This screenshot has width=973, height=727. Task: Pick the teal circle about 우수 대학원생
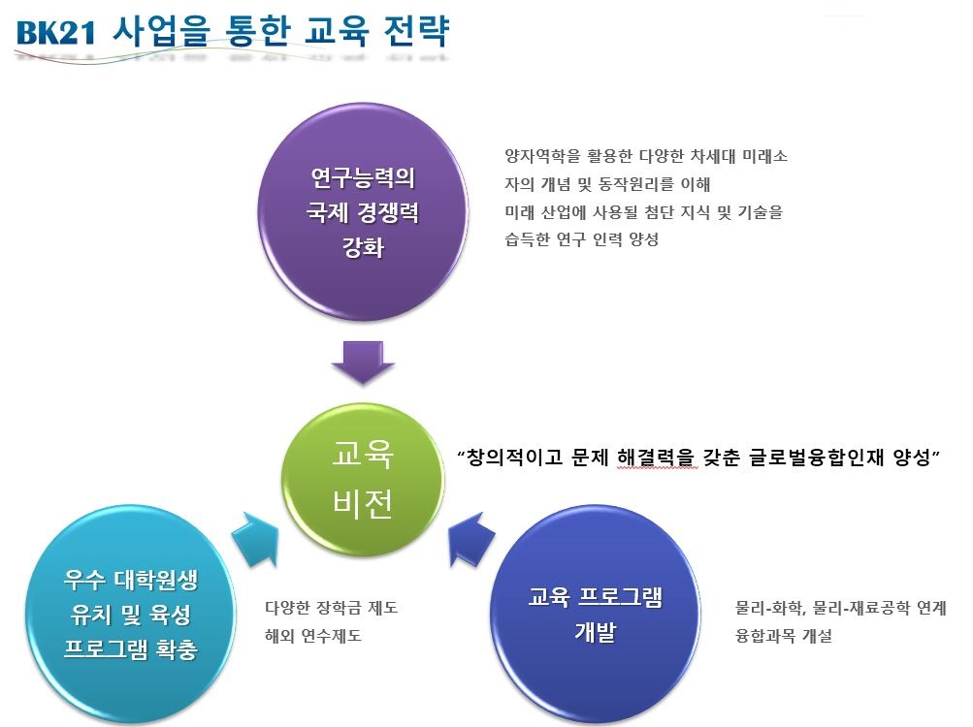[x=132, y=613]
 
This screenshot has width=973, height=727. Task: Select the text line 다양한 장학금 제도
[x=331, y=609]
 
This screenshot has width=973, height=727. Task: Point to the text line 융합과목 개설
[x=784, y=637]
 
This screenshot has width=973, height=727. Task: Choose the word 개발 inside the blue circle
[x=594, y=633]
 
